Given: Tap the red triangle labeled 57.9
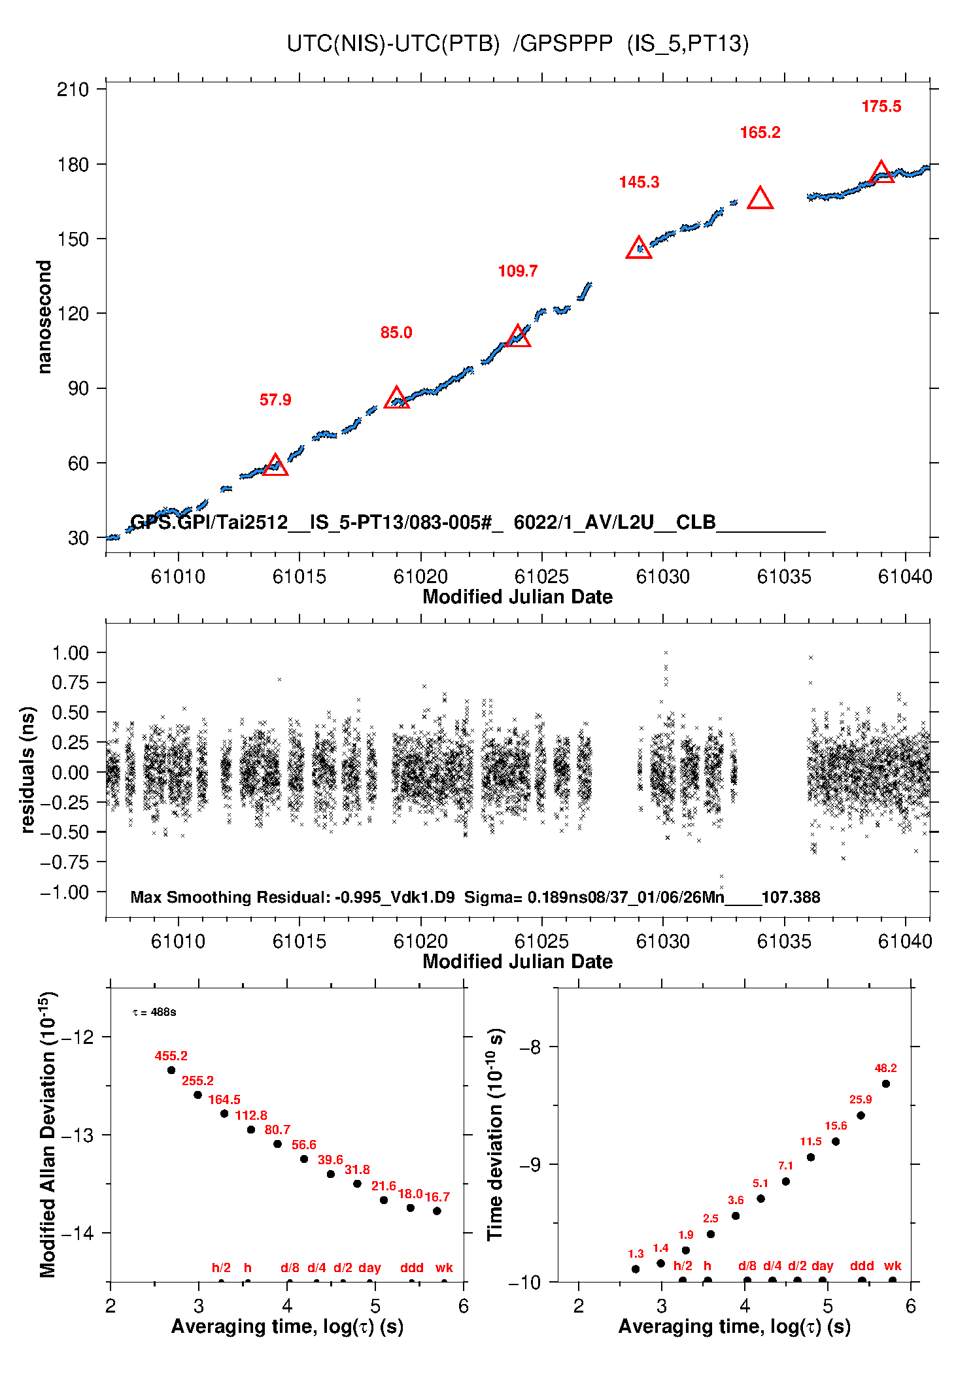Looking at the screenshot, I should tap(275, 465).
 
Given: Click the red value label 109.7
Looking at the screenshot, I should tap(517, 271).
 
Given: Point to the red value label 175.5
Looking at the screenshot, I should tap(881, 107).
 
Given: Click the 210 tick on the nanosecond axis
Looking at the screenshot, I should tap(73, 90).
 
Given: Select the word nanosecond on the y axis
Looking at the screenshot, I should tap(44, 317).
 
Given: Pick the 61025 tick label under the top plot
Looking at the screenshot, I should tap(541, 577).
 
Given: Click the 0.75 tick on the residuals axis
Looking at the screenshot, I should tap(70, 682).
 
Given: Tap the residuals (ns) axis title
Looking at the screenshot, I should tap(27, 770).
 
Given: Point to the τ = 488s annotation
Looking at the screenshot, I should tap(154, 1012).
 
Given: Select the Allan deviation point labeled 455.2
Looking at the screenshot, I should tap(171, 1070).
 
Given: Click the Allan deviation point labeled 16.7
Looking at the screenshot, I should tap(437, 1211).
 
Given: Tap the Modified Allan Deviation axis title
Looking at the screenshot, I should tap(47, 1134).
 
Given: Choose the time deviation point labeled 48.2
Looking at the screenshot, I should tap(886, 1084).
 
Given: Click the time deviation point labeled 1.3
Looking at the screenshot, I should tap(636, 1269).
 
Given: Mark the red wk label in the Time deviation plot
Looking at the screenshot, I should tap(893, 1266).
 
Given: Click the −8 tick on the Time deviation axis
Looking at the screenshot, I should tap(530, 1047).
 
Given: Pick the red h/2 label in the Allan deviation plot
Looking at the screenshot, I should tap(221, 1267).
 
